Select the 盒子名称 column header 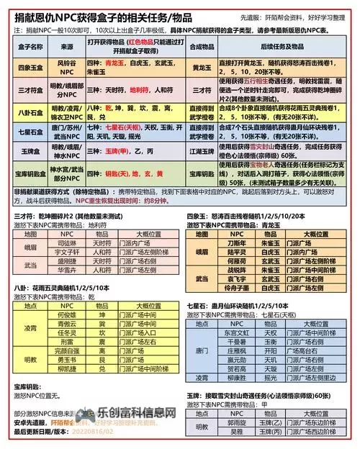27,45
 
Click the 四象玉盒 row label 27,68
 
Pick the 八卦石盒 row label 27,112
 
